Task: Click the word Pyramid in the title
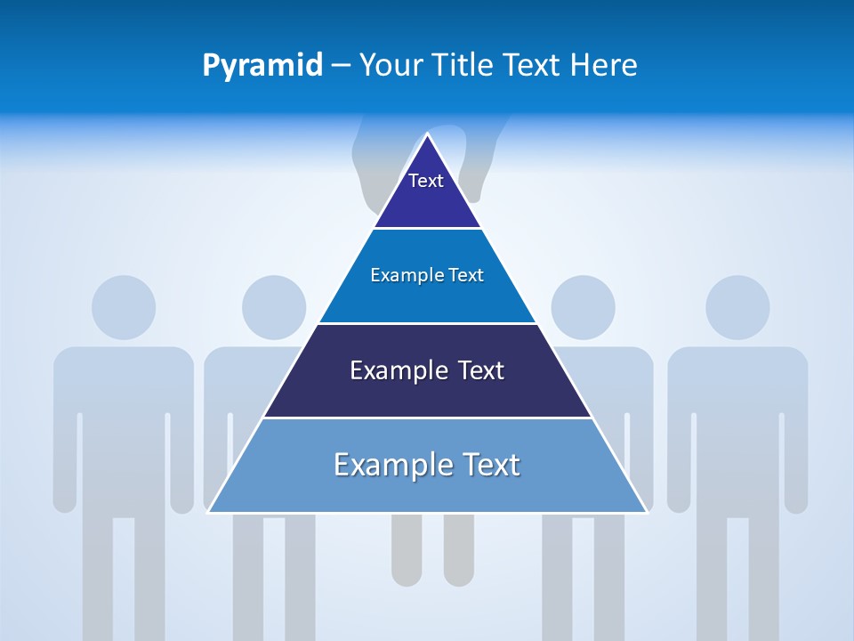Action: coord(262,65)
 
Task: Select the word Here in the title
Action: coord(603,65)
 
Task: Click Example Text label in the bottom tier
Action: coord(427,465)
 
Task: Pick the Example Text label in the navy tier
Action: coord(427,370)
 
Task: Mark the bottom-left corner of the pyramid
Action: coord(209,512)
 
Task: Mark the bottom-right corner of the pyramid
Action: coord(646,512)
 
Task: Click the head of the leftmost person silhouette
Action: coord(124,307)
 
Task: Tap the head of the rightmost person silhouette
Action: coord(737,307)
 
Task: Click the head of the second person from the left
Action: coord(273,307)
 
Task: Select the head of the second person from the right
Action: coord(583,307)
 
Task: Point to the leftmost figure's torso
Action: coord(124,418)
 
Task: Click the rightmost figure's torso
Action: coord(737,418)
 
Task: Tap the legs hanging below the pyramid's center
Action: coord(432,552)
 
